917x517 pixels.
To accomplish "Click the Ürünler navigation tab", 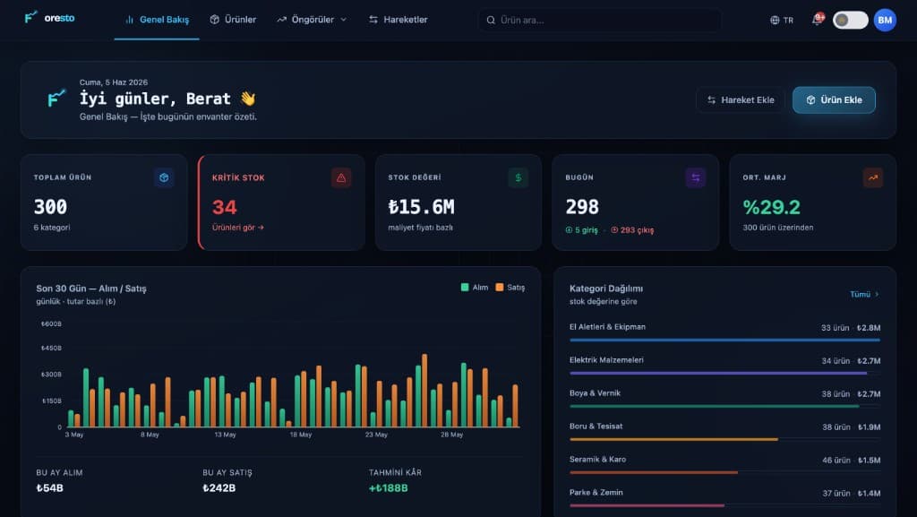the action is [x=233, y=20].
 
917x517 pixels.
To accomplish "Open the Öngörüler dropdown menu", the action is [x=312, y=20].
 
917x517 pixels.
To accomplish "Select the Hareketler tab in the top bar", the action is [x=398, y=20].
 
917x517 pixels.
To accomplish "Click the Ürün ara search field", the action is [x=600, y=20].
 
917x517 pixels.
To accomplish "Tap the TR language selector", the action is [x=782, y=20].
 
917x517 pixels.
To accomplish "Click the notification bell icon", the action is [x=817, y=20].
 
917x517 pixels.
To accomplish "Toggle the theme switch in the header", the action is [x=851, y=20].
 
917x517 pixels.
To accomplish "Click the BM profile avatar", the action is [x=885, y=20].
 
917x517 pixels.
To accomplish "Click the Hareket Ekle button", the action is [x=741, y=100].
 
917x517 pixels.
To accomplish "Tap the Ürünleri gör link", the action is [x=238, y=228].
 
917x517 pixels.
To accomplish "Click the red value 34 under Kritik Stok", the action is [x=225, y=207].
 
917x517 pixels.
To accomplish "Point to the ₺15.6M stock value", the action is [x=421, y=207].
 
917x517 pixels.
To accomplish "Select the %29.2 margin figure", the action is [x=771, y=207].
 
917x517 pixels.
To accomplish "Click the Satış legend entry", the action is [x=510, y=287].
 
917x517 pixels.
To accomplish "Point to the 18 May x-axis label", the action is [x=301, y=435].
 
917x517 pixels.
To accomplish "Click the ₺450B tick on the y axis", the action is [x=51, y=348].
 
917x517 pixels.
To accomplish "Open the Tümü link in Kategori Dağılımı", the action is [x=864, y=294].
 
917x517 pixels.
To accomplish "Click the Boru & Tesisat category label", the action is [x=596, y=426].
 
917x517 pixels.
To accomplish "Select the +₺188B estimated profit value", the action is [x=389, y=487].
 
